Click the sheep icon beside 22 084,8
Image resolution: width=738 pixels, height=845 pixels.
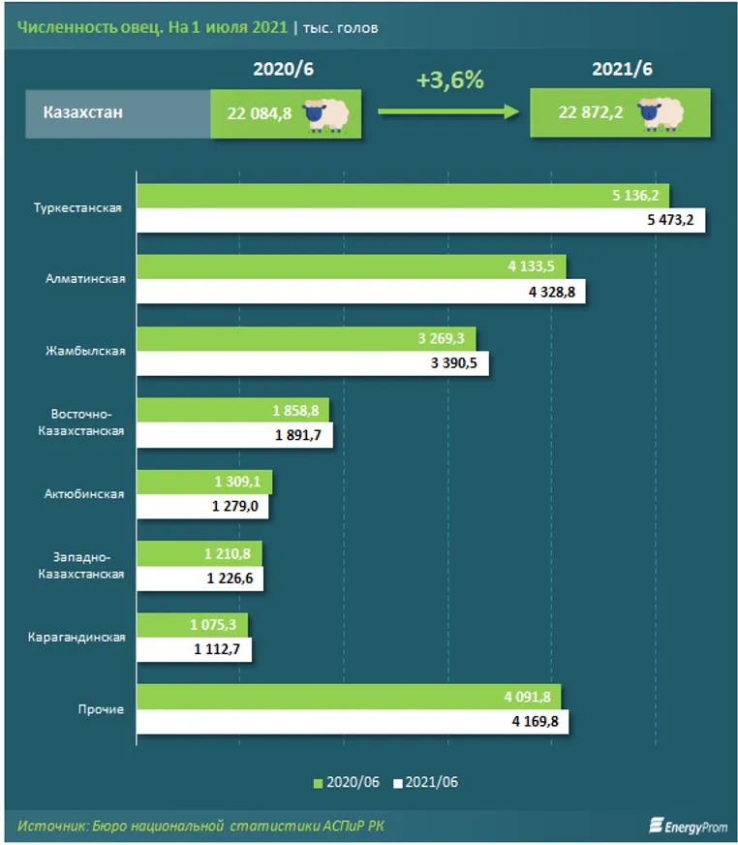pos(326,112)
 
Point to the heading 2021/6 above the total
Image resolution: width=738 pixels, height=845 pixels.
pos(622,70)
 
